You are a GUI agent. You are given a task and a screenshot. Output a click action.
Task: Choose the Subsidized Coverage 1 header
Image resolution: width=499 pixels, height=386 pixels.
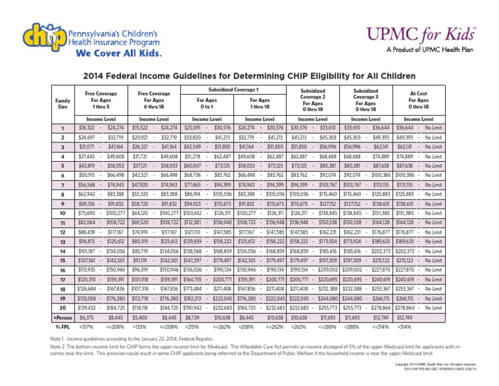click(x=233, y=88)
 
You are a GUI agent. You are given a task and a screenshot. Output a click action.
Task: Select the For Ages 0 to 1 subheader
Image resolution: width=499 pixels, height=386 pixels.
click(x=207, y=103)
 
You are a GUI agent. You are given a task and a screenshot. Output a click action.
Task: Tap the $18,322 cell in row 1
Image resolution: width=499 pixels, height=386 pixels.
click(x=87, y=128)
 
